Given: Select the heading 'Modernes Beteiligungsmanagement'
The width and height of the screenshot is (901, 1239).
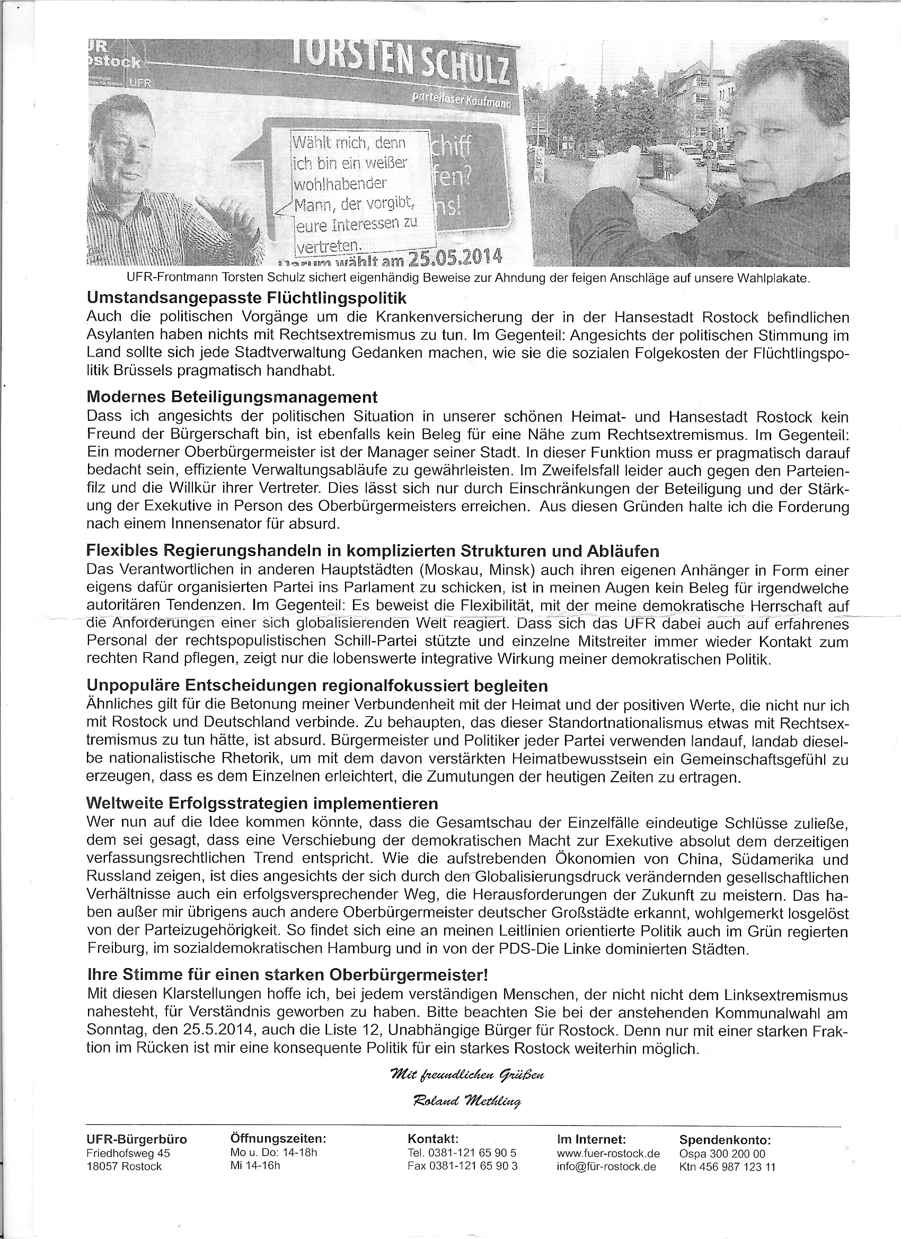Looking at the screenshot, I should tap(232, 396).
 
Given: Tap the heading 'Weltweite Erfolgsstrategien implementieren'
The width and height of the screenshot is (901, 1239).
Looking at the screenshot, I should tap(262, 803).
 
